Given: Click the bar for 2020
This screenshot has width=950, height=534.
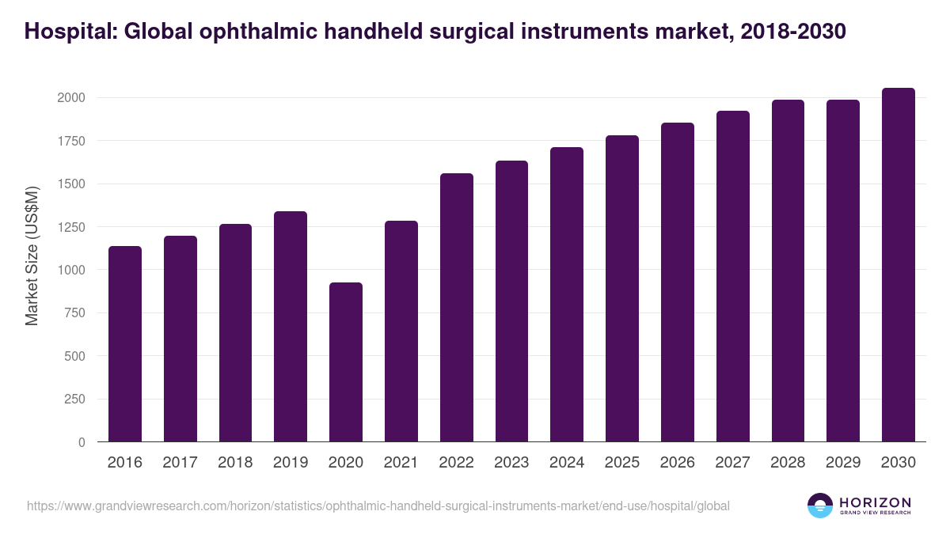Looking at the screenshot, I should pos(346,362).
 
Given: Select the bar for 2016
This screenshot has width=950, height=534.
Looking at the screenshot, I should pos(125,344).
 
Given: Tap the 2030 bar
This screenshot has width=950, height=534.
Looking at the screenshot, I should pos(898,265).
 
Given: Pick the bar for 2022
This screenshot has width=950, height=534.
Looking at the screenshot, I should pos(457,308).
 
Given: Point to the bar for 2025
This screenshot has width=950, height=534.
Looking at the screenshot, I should pos(622,289).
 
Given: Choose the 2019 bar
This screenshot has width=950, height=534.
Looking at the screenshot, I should pos(291,327).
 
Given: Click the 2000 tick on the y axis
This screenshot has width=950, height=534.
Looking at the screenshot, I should pos(70,98).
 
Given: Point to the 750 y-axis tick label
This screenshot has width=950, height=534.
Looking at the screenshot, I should pos(74,313).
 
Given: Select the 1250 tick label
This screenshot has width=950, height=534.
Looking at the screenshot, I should pos(70,227).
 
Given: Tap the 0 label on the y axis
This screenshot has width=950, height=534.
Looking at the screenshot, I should pos(81,443).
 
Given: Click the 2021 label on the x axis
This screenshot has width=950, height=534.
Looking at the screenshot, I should pos(401,463).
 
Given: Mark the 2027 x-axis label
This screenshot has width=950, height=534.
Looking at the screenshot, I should pos(732,463).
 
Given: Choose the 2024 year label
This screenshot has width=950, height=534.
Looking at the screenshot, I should pos(567,463).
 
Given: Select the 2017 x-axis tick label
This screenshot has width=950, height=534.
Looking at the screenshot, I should pos(180,463).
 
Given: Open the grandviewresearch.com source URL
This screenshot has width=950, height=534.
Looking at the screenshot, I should pos(378,506).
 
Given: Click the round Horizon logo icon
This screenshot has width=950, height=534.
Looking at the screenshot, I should pos(820,506).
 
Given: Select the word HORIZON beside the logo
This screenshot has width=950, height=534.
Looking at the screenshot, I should pos(875,502).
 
